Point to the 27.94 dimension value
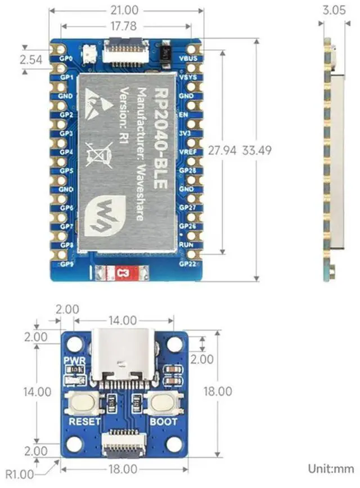point(221,151)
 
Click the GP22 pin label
point(187,263)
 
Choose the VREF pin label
point(187,151)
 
